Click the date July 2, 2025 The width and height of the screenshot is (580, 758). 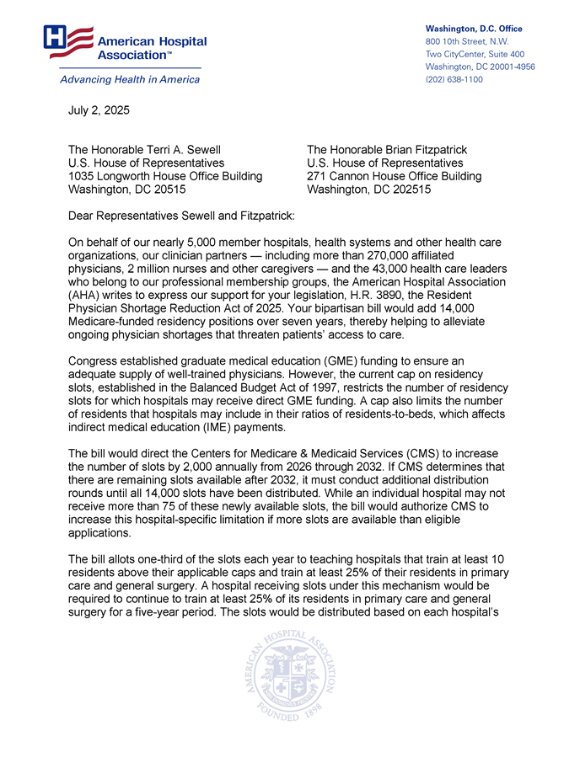[x=99, y=110]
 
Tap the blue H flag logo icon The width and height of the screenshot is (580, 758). [x=67, y=41]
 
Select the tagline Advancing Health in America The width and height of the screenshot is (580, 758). [x=129, y=79]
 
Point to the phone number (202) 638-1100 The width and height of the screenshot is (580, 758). [x=454, y=79]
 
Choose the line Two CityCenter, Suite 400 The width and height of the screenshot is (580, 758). [x=480, y=54]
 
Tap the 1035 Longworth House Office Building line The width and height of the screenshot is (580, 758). [x=164, y=176]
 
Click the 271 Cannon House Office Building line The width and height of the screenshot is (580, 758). [x=395, y=176]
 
